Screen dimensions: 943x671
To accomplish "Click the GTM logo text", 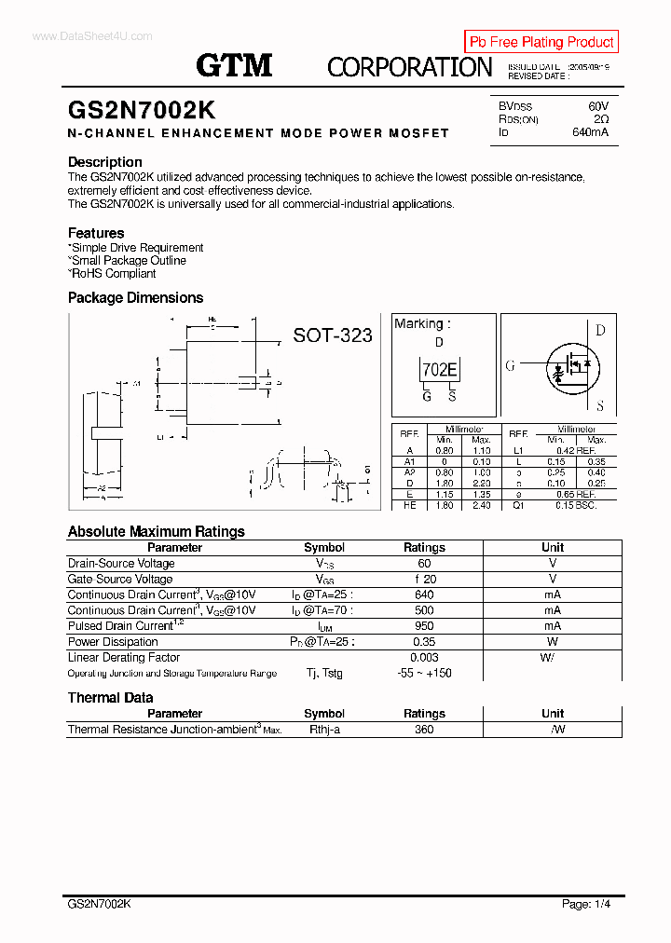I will point(234,64).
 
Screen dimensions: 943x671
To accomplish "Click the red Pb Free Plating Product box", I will point(541,42).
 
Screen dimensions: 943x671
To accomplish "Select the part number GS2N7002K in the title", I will point(142,109).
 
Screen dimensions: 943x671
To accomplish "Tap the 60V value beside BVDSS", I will point(597,106).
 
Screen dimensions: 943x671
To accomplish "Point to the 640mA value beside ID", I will point(590,132).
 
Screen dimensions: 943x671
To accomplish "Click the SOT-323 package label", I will point(333,335).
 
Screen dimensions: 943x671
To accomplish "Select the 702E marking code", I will point(439,370).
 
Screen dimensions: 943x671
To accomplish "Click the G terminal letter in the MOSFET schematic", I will point(510,365).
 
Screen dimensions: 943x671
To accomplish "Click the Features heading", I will point(96,233).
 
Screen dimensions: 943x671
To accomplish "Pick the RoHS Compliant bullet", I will point(112,274).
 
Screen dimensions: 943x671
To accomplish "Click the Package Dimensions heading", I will point(135,298).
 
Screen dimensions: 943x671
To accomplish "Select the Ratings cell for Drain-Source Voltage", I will point(424,564).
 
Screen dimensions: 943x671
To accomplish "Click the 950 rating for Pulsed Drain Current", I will point(424,626).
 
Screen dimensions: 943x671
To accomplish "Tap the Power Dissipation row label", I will point(113,642).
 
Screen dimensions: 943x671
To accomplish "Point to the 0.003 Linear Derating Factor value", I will point(424,658).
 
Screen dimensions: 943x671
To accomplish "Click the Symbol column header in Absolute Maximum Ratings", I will point(324,548).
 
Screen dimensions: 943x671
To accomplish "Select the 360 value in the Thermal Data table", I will point(424,730).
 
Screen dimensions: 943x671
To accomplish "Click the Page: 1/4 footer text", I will point(586,904).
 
